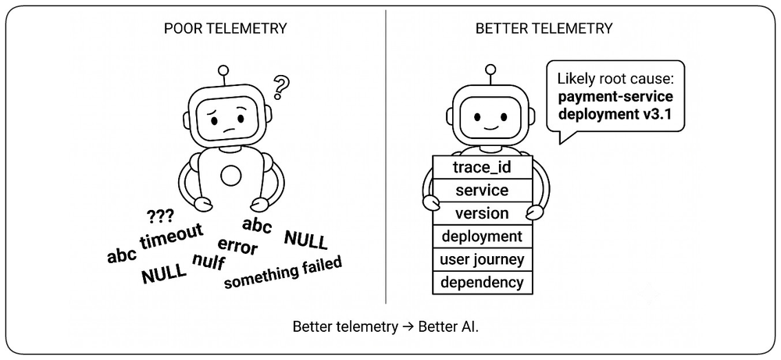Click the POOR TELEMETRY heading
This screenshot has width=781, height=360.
coord(225,28)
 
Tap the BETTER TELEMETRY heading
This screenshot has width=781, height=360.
coord(544,28)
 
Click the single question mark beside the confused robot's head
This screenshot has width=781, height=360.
coord(281,87)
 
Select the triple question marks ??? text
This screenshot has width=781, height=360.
coord(160,216)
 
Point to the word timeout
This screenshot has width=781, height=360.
coord(172,236)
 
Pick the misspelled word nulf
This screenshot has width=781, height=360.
coord(209,261)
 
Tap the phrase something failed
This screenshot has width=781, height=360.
coord(283,273)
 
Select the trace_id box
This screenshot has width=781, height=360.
coord(482,167)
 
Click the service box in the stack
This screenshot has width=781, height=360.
coord(482,191)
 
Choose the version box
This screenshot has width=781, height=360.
coord(482,213)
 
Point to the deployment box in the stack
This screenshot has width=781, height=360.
coord(482,236)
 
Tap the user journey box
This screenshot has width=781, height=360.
coord(482,259)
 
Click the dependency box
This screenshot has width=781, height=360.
coord(482,283)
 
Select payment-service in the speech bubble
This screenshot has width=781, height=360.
coord(615,96)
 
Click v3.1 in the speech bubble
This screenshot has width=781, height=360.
coord(657,114)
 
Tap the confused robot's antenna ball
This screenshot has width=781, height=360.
coord(223,71)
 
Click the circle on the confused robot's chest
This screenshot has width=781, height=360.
coord(230,176)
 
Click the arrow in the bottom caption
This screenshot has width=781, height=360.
coord(408,327)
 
